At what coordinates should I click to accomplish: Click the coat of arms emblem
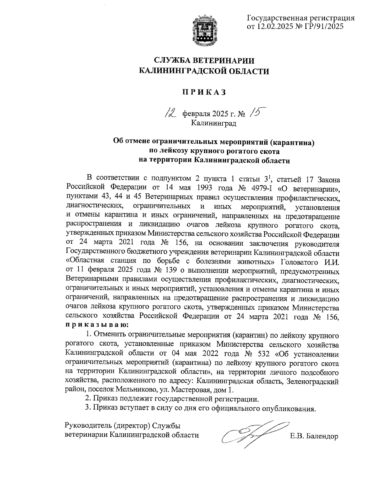tap(204, 31)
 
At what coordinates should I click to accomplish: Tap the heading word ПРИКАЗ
tap(204, 92)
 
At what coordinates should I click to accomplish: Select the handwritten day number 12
tap(170, 114)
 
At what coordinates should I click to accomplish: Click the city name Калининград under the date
tap(213, 124)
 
